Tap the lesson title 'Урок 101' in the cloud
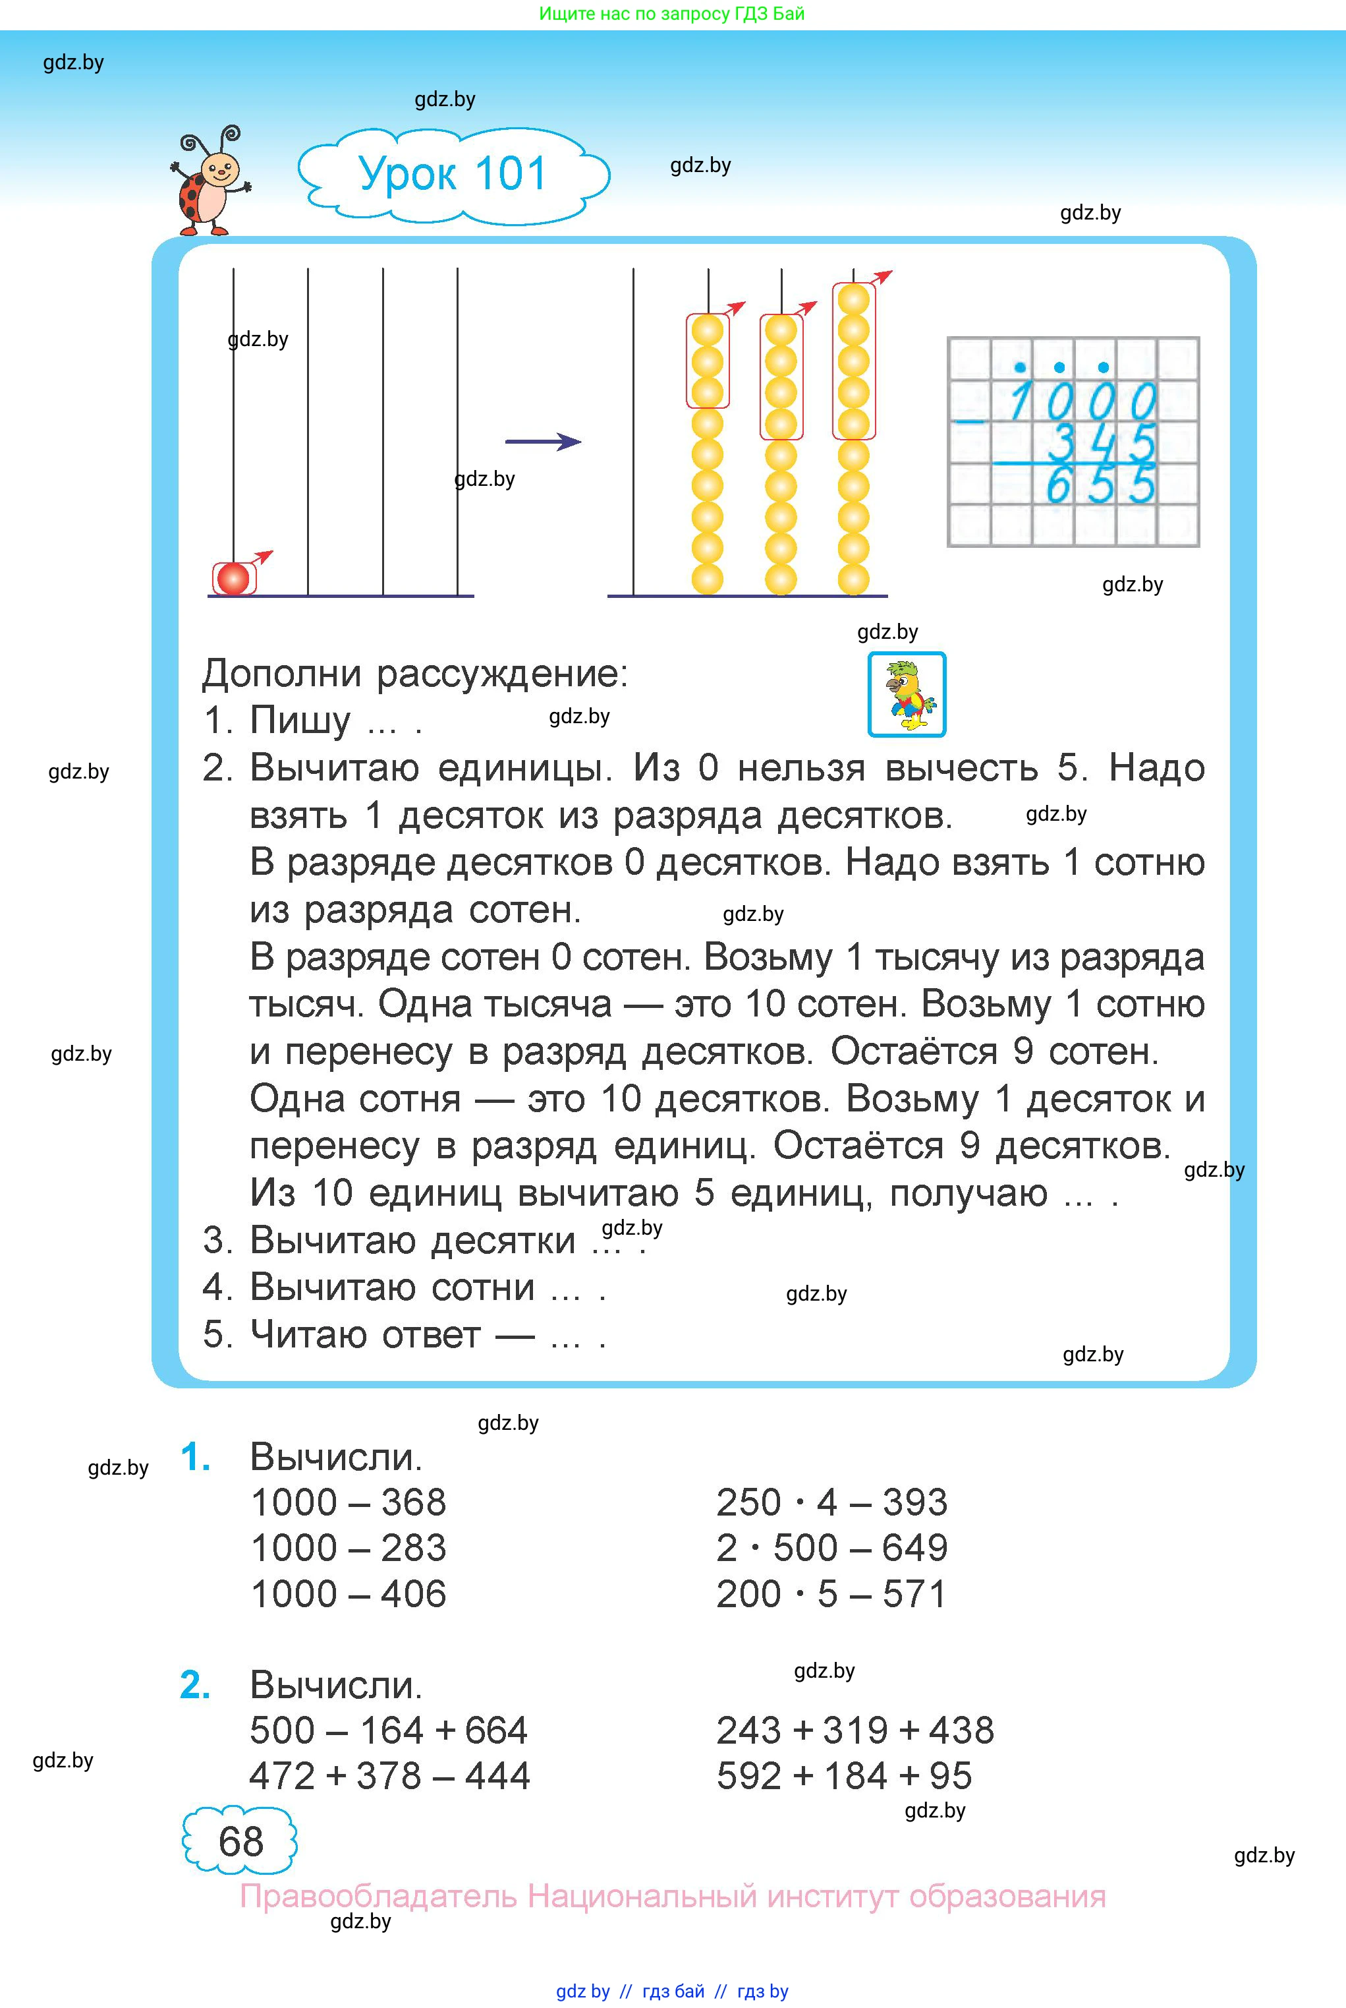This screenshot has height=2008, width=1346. [453, 174]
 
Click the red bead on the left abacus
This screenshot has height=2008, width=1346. [233, 578]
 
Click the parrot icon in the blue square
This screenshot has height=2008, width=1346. [907, 695]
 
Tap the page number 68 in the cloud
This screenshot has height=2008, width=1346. [240, 1841]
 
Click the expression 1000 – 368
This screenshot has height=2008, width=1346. [349, 1502]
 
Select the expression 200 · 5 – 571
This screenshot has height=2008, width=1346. [831, 1594]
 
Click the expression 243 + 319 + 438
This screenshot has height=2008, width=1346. [855, 1730]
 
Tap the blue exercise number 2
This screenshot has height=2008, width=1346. [195, 1685]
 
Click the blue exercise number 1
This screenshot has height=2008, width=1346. [195, 1458]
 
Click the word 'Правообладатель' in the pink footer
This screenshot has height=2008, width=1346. [379, 1897]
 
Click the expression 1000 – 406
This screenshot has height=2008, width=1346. [349, 1594]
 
